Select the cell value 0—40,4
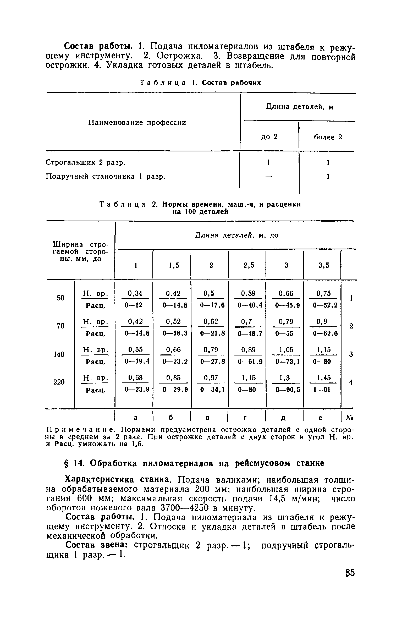pyautogui.click(x=250, y=305)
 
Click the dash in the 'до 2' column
pyautogui.click(x=268, y=177)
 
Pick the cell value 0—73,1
pyautogui.click(x=287, y=362)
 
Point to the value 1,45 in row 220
pyautogui.click(x=324, y=378)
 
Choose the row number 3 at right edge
pyautogui.click(x=351, y=354)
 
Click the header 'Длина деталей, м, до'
pyautogui.click(x=237, y=235)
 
